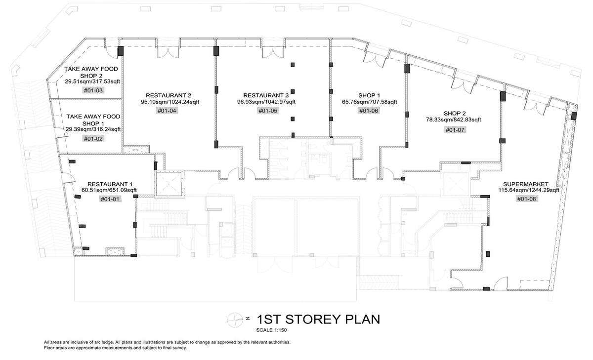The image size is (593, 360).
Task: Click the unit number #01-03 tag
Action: coord(93,90)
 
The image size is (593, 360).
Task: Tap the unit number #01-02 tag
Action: coord(93,139)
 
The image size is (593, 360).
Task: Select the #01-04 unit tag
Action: coord(167,111)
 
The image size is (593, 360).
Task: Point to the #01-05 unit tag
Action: coord(268,111)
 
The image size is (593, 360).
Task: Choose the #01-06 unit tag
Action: coord(369,111)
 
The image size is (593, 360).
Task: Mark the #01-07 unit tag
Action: coord(455,130)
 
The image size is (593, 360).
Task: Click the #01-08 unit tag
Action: coord(526,199)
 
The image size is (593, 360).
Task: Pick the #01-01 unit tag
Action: coord(110,199)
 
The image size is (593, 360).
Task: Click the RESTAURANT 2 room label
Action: coord(169,95)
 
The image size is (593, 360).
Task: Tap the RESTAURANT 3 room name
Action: coord(266,95)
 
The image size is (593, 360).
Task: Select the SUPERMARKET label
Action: coord(526,184)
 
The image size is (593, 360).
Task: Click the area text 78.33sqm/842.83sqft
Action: coord(454,120)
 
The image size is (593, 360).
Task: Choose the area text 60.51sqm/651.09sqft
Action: coord(109,190)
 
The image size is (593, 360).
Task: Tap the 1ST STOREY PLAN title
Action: coord(318,320)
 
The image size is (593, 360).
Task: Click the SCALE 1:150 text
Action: coord(271,330)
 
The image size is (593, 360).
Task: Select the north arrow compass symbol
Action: coord(235,320)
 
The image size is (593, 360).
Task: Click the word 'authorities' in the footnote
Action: coord(280,342)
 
